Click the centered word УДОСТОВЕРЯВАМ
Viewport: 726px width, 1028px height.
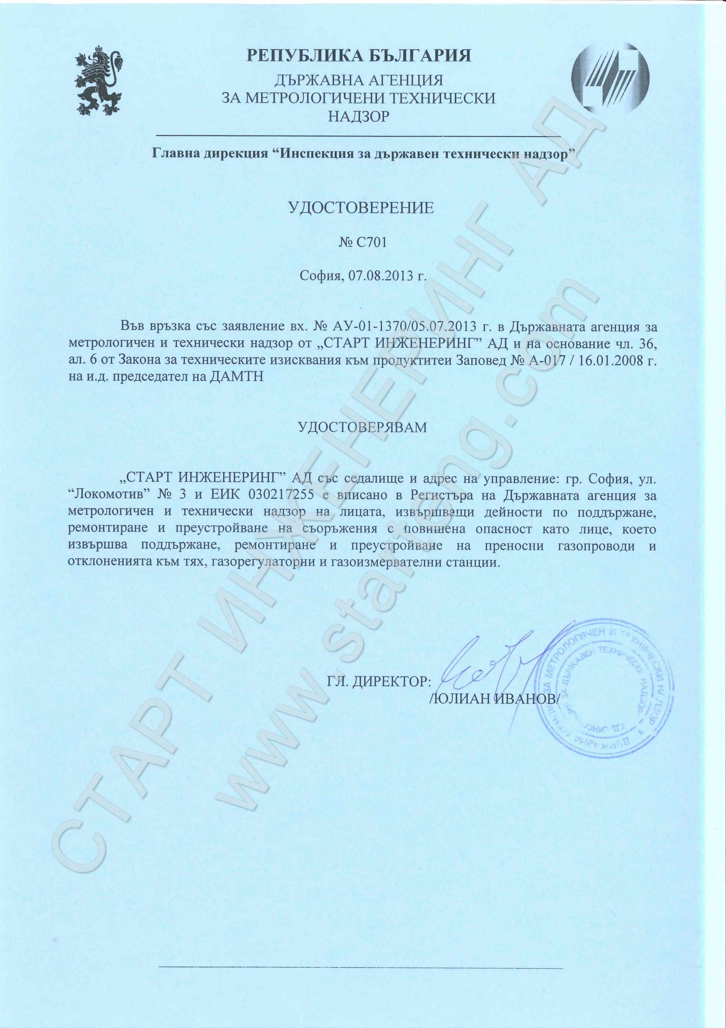[362, 427]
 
